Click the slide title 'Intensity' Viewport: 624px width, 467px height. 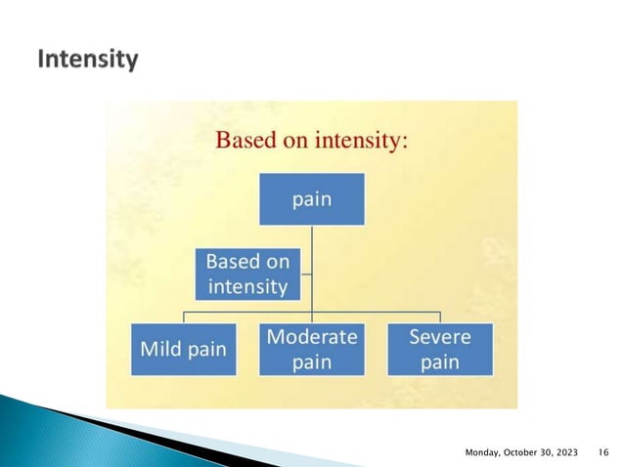[x=87, y=61]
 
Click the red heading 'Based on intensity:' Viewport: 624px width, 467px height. [x=311, y=140]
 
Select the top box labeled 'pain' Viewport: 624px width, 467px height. [x=312, y=199]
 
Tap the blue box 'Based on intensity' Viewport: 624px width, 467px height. [x=247, y=274]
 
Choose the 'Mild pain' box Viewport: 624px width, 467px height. [x=185, y=349]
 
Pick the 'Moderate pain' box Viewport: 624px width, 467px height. [x=312, y=349]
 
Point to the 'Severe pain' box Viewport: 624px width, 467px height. [x=440, y=349]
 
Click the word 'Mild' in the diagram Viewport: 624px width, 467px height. [x=161, y=349]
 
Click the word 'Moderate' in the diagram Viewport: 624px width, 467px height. [x=312, y=337]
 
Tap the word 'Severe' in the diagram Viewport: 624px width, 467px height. [x=440, y=337]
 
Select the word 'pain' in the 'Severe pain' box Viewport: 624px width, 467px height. [x=440, y=362]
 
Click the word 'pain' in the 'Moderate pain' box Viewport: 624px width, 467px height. [x=312, y=362]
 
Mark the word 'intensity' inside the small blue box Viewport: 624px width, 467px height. [x=247, y=286]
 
